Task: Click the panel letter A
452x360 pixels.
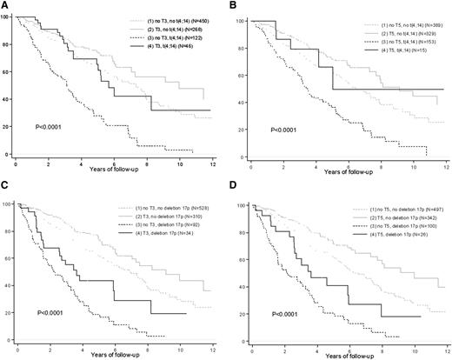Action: [x=5, y=5]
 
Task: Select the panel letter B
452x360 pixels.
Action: [x=234, y=5]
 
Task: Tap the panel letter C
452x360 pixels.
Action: [x=5, y=184]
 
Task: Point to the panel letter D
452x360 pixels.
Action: [x=234, y=184]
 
